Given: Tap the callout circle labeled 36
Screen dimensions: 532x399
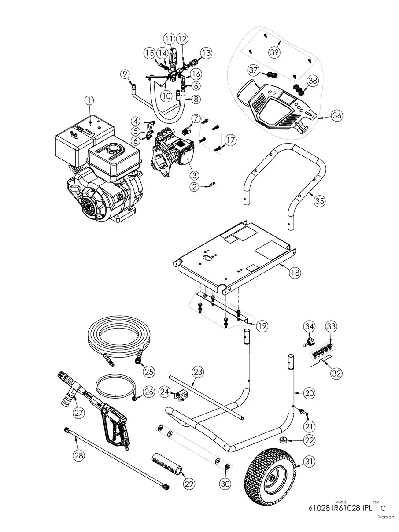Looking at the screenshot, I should [336, 116].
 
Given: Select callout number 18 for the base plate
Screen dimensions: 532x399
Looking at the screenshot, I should [295, 273].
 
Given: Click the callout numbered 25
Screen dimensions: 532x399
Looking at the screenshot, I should [149, 371].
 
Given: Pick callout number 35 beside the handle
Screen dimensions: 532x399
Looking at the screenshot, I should [320, 200].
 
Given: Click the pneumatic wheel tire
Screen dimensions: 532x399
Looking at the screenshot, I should [269, 476].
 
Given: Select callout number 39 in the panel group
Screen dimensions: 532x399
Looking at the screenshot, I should [275, 52].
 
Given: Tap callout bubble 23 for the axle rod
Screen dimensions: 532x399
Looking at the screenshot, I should [198, 372].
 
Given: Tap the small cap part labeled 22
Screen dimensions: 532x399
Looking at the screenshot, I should [279, 441].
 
